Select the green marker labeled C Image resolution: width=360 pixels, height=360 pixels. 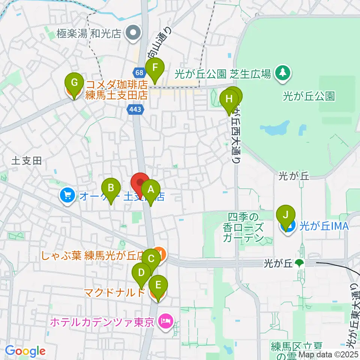[151, 259]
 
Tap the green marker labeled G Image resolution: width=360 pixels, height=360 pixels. [74, 82]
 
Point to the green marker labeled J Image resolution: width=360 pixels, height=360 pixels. [286, 215]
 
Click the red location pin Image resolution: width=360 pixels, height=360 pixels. [140, 183]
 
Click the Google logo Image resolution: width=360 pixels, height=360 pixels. [25, 351]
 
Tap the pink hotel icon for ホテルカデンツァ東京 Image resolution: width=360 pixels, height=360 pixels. [165, 321]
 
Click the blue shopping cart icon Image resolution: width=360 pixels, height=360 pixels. [67, 195]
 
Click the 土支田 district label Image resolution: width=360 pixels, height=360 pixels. [26, 161]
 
